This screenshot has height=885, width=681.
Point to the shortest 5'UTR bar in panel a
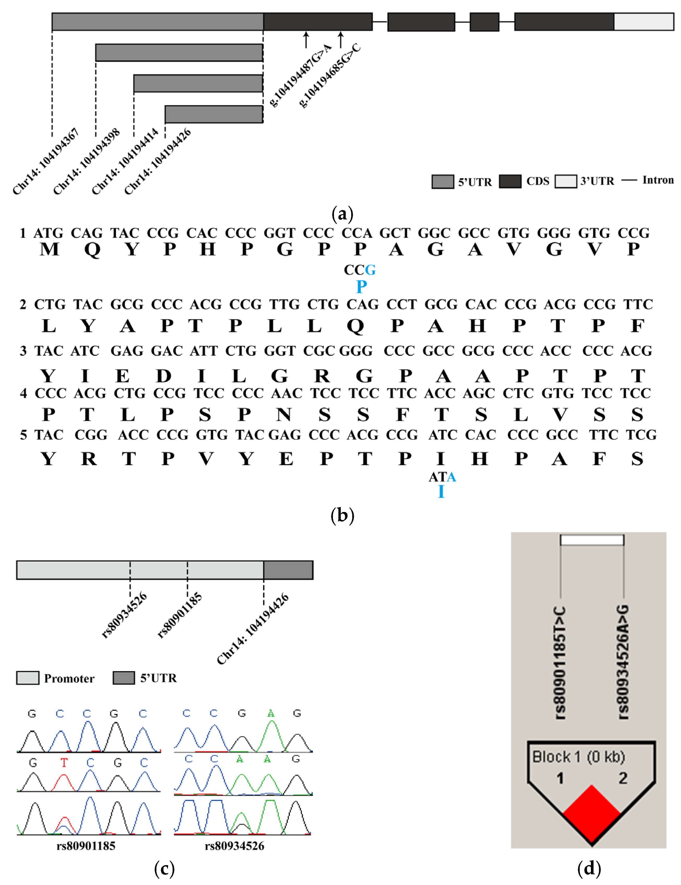(214, 114)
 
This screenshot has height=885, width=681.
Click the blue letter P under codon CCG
(361, 287)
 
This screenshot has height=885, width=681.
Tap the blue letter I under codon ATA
(441, 492)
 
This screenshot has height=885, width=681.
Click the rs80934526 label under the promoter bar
(124, 615)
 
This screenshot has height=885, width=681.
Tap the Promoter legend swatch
(27, 678)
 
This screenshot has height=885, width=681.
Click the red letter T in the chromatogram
(64, 763)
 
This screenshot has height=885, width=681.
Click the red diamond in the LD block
(591, 814)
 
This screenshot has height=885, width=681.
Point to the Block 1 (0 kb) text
(578, 756)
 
